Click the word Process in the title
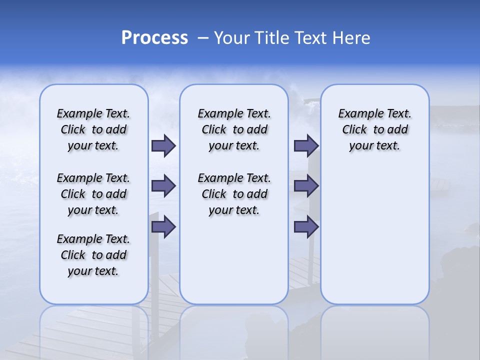(x=154, y=38)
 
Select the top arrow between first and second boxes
(x=163, y=145)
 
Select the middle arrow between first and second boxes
(x=163, y=186)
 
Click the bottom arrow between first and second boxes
(x=163, y=227)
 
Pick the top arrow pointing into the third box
(x=306, y=145)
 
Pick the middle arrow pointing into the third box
(x=306, y=186)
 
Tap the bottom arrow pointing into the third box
(x=306, y=227)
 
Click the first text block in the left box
(x=93, y=129)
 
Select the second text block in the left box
(x=93, y=194)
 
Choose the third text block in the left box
(x=93, y=255)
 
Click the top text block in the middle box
(x=234, y=129)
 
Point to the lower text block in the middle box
(x=234, y=194)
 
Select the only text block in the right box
(x=374, y=129)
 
